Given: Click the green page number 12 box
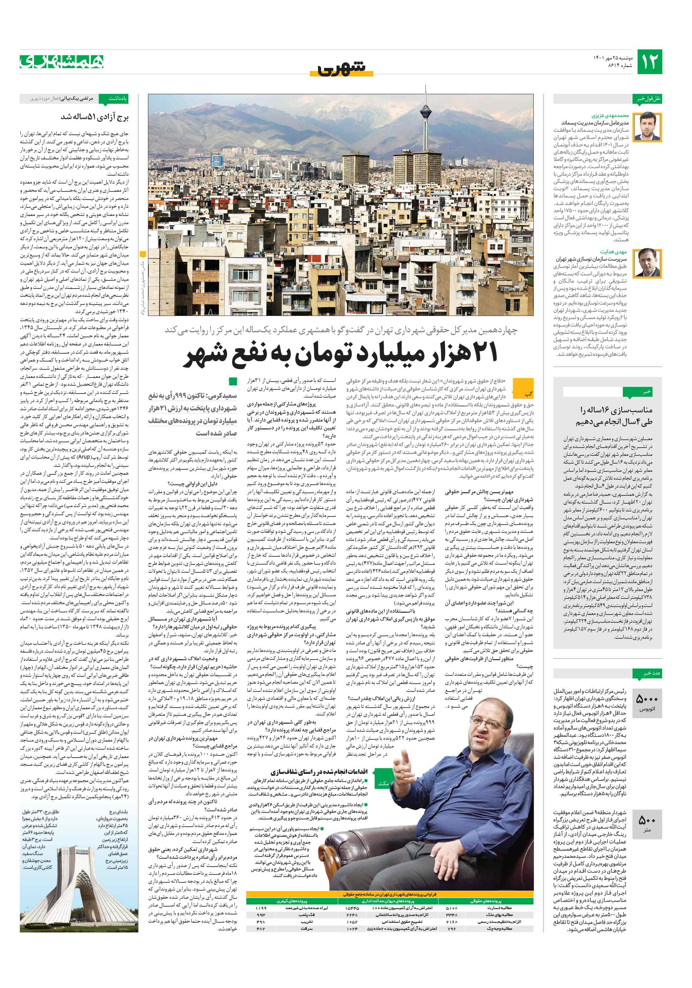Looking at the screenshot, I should point(649,62).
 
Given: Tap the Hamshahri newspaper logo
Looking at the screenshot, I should point(62,62).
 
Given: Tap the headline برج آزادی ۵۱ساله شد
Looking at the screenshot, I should point(94,117).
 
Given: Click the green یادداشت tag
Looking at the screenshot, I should point(118,98).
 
